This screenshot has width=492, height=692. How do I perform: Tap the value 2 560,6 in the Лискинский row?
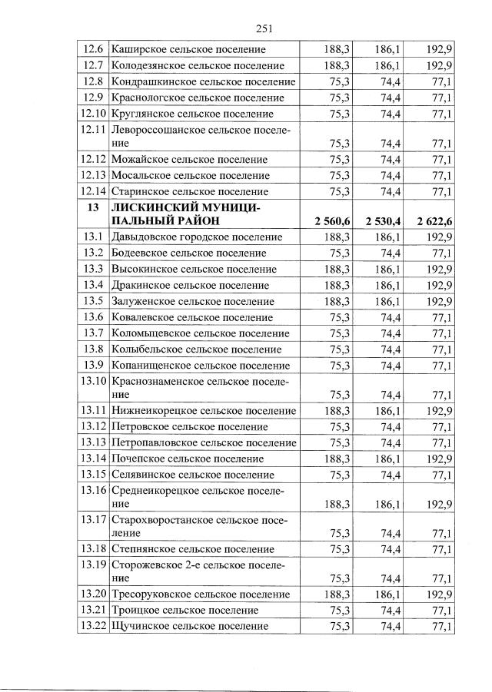(x=332, y=221)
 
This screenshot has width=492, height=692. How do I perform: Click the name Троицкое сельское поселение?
(x=184, y=610)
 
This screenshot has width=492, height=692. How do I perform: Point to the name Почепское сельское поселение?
(x=188, y=458)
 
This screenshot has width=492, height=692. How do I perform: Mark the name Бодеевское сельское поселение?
(x=188, y=253)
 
